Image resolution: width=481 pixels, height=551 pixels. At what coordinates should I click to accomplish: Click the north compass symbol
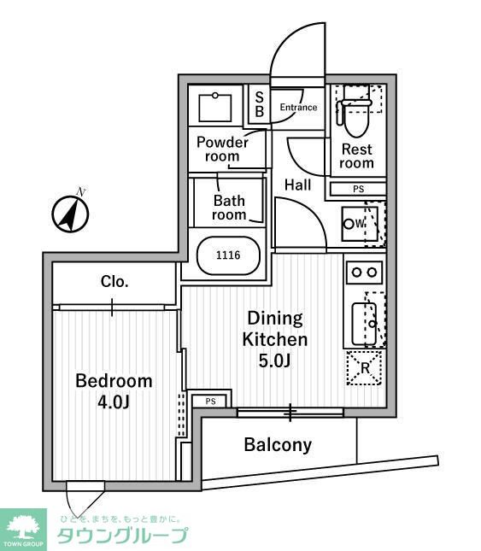(x=70, y=214)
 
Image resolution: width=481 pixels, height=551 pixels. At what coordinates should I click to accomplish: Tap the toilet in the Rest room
(x=355, y=113)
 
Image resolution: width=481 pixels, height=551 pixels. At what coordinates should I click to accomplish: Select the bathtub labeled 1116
(x=228, y=255)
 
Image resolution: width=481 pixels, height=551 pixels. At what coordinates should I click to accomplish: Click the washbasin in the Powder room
(x=215, y=108)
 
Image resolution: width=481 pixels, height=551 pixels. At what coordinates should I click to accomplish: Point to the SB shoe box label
(x=260, y=104)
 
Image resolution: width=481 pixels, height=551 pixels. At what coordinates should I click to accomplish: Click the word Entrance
(x=298, y=107)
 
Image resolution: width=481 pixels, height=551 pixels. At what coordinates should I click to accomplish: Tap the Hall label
(x=297, y=185)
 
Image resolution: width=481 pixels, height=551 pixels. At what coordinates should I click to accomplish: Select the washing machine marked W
(x=360, y=224)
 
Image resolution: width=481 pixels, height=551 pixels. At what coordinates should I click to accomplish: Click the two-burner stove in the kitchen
(x=364, y=273)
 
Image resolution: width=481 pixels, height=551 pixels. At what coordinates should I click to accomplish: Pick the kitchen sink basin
(x=364, y=324)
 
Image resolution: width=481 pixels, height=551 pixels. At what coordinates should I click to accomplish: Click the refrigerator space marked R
(x=364, y=368)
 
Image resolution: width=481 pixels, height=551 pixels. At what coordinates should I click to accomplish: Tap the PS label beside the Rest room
(x=358, y=189)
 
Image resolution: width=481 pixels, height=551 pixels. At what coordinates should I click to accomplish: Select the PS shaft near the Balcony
(x=210, y=402)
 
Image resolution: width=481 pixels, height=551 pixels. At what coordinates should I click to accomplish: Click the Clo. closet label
(x=114, y=281)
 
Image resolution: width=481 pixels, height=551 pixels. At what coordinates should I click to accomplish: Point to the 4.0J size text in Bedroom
(x=114, y=402)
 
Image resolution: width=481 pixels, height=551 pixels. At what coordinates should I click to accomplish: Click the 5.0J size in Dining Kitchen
(x=274, y=360)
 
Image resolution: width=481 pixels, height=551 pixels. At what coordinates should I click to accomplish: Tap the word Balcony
(x=278, y=445)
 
